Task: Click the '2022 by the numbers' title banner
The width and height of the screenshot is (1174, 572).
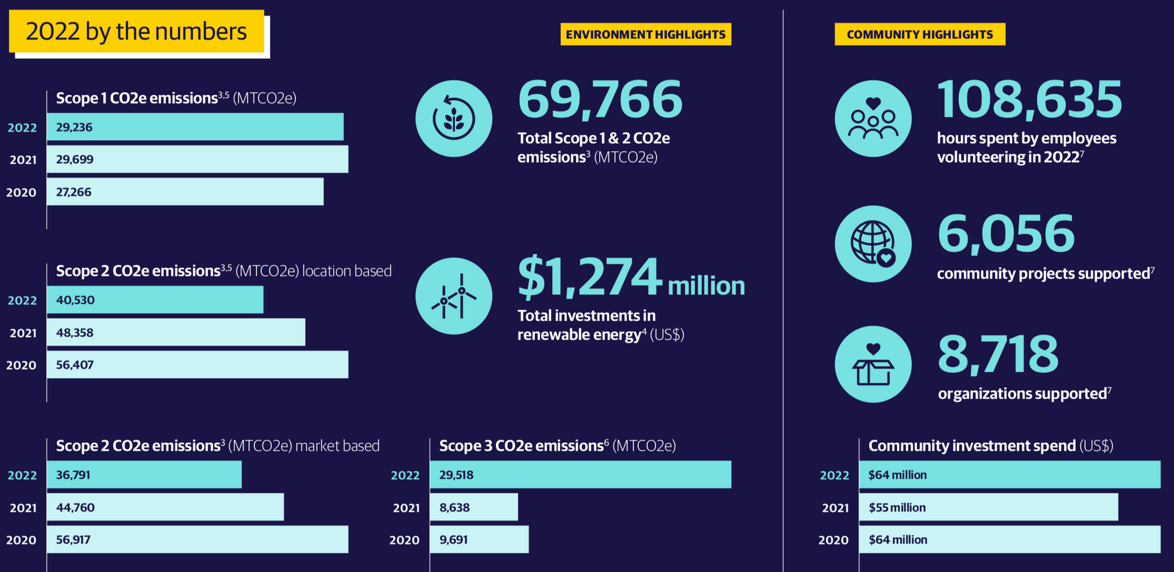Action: tap(136, 31)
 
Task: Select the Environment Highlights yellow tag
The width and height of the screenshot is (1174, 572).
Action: tap(645, 34)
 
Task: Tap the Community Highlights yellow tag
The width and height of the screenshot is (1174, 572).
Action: tap(919, 34)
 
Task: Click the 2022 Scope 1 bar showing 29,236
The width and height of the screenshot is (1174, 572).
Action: tap(194, 127)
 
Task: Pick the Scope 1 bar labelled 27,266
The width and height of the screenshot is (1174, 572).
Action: tap(185, 192)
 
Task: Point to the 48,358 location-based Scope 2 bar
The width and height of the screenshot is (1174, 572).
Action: tap(175, 332)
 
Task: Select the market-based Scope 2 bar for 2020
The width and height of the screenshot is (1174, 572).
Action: tap(197, 540)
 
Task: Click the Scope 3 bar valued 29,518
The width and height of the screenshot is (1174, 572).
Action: tap(580, 475)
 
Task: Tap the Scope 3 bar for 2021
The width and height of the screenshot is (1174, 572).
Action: tap(473, 507)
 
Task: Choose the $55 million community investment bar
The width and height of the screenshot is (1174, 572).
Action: tap(988, 507)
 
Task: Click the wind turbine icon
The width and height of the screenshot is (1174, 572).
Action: tap(454, 297)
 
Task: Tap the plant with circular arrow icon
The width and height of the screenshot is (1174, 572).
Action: tap(454, 119)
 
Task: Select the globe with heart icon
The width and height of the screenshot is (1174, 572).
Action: tap(873, 243)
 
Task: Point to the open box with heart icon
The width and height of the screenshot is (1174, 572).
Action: tap(873, 365)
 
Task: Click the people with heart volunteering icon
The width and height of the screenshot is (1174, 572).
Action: tap(873, 119)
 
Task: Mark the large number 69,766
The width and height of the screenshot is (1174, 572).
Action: tap(600, 100)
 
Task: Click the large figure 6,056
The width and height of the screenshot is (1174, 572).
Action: tap(1006, 234)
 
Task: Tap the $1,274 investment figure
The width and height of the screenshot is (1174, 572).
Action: tap(589, 277)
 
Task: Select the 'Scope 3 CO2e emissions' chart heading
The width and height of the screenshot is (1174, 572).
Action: tap(557, 446)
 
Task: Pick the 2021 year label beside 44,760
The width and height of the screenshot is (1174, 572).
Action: tap(23, 508)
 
